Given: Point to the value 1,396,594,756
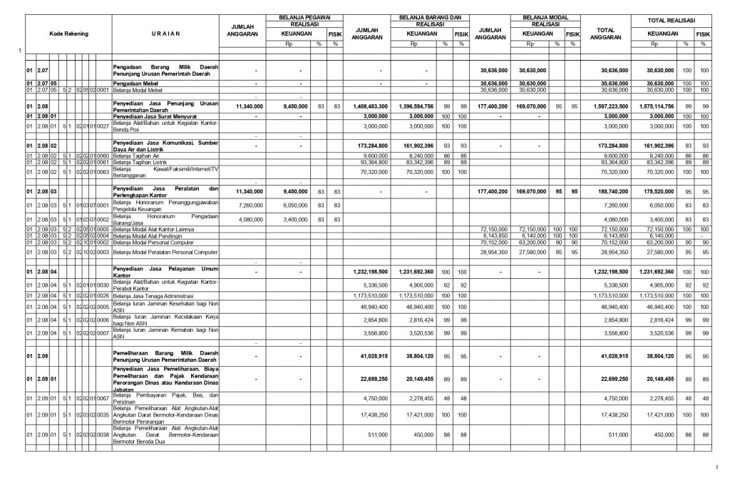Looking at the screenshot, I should click(x=425, y=106).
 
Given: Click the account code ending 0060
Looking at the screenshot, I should click(x=103, y=155).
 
